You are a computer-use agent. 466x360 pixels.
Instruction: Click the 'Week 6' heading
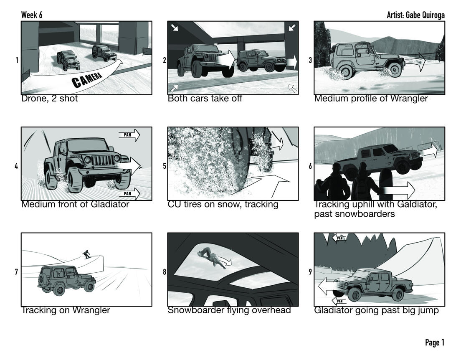pyautogui.click(x=32, y=15)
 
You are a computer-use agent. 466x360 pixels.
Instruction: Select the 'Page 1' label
pyautogui.click(x=435, y=342)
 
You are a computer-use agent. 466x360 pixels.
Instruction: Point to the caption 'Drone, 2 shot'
pyautogui.click(x=49, y=99)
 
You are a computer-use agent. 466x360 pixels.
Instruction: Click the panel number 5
pyautogui.click(x=165, y=166)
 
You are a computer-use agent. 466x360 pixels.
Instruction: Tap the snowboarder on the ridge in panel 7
pyautogui.click(x=86, y=254)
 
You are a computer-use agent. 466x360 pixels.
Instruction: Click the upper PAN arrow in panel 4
pyautogui.click(x=129, y=135)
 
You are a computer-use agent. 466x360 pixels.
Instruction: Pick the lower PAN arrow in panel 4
pyautogui.click(x=129, y=193)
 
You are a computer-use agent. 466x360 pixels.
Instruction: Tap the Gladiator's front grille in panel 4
pyautogui.click(x=103, y=160)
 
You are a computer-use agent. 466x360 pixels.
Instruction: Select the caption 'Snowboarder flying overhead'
pyautogui.click(x=229, y=310)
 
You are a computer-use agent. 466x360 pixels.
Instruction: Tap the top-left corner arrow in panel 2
pyautogui.click(x=175, y=28)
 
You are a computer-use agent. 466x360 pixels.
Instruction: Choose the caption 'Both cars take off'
pyautogui.click(x=205, y=99)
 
